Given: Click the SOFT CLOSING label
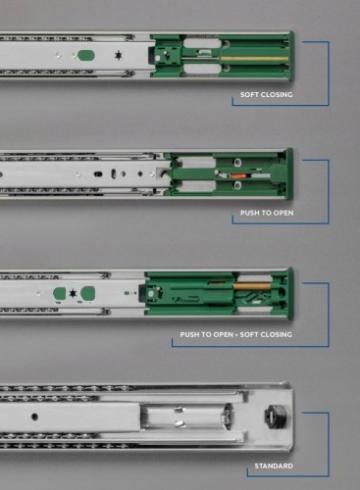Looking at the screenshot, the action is click(x=267, y=95).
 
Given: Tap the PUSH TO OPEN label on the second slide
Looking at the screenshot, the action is click(x=267, y=213).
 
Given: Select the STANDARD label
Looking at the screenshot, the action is click(x=274, y=465).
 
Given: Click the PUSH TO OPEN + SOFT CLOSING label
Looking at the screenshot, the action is click(x=235, y=334).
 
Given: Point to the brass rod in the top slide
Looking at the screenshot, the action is click(x=254, y=59).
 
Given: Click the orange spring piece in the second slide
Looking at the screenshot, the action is click(x=241, y=175).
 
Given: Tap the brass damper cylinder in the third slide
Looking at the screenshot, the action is click(x=252, y=286).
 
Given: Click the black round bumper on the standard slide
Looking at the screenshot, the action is click(x=276, y=416).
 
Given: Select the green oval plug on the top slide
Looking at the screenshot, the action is click(x=86, y=56).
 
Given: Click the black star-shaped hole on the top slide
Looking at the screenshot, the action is click(x=119, y=56).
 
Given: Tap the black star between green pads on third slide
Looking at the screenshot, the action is click(x=73, y=293).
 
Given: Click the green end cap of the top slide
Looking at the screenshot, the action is click(x=291, y=56).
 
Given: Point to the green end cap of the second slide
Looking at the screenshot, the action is click(x=289, y=173).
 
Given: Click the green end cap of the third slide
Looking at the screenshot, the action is click(x=290, y=293).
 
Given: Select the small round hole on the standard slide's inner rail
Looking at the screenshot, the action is click(x=34, y=416).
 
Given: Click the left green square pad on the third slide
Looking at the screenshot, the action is click(x=60, y=293).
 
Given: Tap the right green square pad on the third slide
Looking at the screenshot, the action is click(x=88, y=293).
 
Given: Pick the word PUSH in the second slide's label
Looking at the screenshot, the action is click(x=249, y=213).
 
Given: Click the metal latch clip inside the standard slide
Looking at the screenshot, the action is click(x=180, y=416).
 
